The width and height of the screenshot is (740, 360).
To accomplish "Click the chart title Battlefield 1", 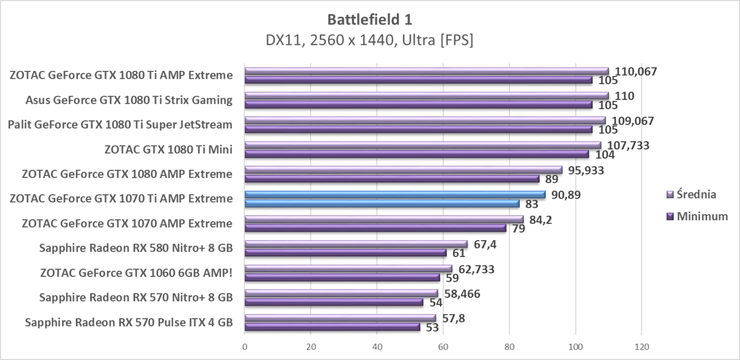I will (369, 20).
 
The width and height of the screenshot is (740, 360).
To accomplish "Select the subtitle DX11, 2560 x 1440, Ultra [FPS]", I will (369, 40).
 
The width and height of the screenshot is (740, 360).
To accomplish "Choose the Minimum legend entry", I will (702, 216).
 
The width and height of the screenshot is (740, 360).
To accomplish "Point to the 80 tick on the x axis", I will (509, 347).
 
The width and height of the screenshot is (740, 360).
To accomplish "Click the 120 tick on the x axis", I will (641, 347).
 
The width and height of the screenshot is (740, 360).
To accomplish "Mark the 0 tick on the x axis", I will (245, 347).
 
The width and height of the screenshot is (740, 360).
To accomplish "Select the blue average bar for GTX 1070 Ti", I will (395, 195).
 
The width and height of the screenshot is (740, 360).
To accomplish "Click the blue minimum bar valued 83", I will (382, 204).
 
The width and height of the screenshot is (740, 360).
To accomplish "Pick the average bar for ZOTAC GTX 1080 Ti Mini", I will (423, 145).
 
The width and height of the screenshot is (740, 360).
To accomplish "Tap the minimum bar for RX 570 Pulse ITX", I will (332, 327).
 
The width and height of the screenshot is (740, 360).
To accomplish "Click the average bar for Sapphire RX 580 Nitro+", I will (356, 244).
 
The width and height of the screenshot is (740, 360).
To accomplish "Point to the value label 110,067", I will (635, 71).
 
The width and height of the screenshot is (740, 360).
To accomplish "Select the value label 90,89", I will (566, 195).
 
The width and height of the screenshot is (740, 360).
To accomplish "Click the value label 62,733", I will (476, 269).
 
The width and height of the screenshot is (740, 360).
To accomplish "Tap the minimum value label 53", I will (433, 328).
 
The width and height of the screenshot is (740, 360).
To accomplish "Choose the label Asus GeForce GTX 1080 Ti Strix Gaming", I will (129, 100).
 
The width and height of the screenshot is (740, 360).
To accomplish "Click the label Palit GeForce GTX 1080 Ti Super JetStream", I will (120, 125).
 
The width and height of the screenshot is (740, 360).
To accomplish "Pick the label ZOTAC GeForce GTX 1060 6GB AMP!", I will (136, 273).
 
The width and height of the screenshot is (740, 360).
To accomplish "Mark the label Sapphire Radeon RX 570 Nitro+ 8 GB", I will (136, 298).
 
